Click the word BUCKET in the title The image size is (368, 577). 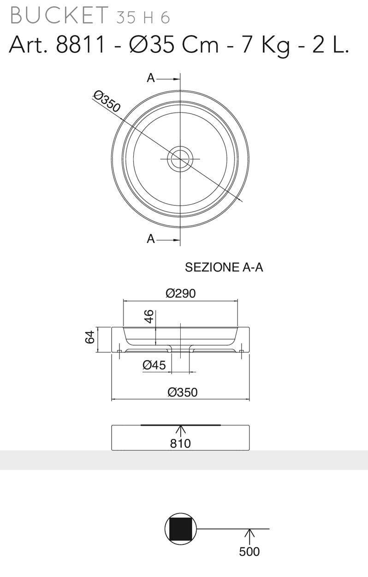pyautogui.click(x=59, y=16)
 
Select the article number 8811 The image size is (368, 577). pyautogui.click(x=80, y=45)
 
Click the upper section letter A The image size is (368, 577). pyautogui.click(x=151, y=78)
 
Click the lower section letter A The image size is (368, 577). pyautogui.click(x=151, y=239)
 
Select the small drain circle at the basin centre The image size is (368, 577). pyautogui.click(x=180, y=159)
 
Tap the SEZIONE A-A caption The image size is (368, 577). pyautogui.click(x=224, y=268)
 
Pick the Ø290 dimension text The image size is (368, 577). pyautogui.click(x=180, y=293)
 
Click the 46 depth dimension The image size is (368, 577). pyautogui.click(x=149, y=316)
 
